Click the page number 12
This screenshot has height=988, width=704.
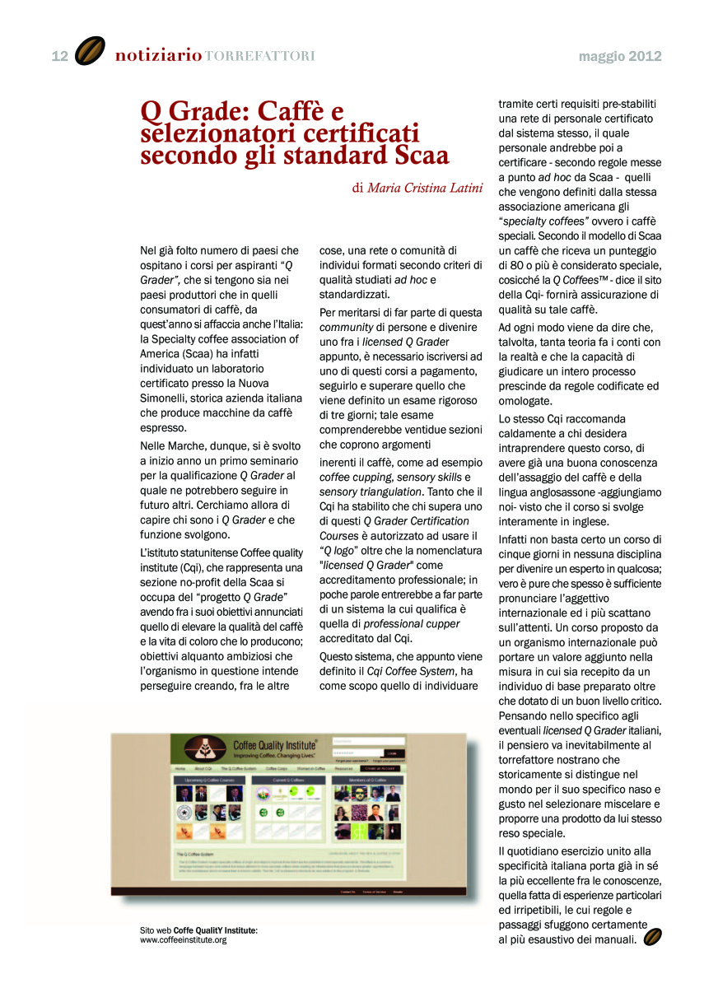59,56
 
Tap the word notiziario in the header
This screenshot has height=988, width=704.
158,56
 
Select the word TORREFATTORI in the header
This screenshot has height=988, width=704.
259,57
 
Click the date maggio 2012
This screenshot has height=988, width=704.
620,57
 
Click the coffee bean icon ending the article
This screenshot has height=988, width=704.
652,937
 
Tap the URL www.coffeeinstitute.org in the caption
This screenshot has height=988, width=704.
183,939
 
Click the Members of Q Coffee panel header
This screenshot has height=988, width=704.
367,779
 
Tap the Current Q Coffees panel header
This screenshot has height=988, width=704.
287,779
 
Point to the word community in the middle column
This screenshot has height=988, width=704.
343,328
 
